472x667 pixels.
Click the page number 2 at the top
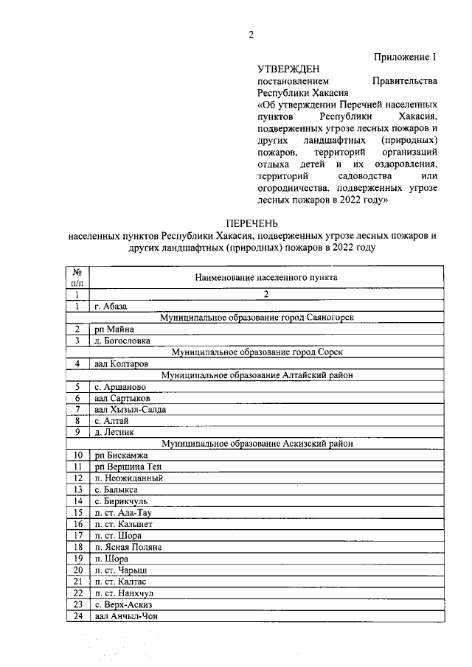coord(251,35)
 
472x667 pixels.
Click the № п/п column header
coord(77,277)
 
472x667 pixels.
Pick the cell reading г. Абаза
coord(112,306)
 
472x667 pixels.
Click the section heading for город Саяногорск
coord(265,318)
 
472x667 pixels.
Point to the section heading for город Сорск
coord(265,352)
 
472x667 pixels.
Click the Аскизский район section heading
coord(265,444)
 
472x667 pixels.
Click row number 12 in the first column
coord(77,478)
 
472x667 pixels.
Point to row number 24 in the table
coord(77,616)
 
